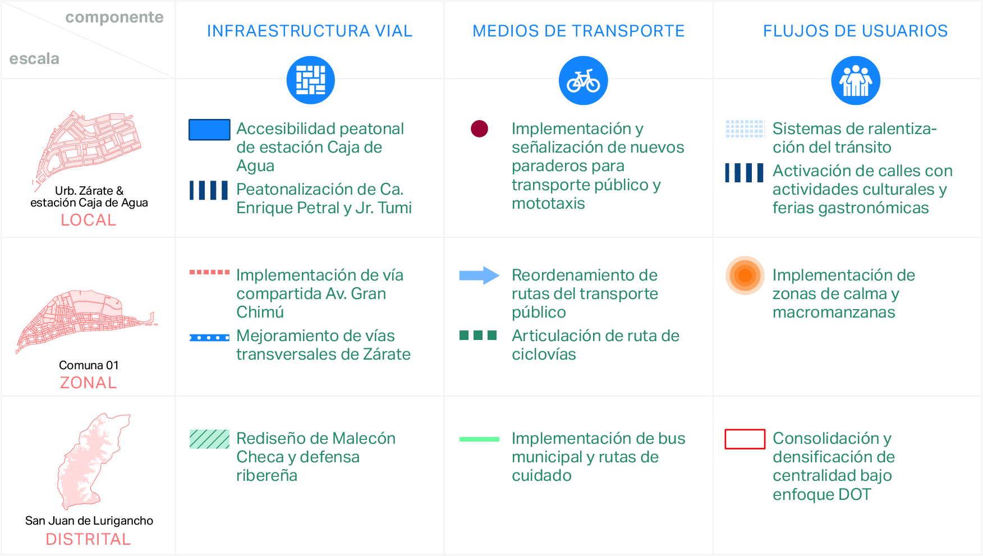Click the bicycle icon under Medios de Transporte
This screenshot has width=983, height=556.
click(x=583, y=80)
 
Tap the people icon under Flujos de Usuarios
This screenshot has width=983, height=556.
click(x=855, y=80)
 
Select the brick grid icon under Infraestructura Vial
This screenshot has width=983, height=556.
click(x=310, y=80)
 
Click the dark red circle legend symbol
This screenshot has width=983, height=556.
click(x=479, y=128)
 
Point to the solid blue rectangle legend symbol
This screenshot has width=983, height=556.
click(x=209, y=130)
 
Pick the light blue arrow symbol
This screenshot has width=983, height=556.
click(x=479, y=275)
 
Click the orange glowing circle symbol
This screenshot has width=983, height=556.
click(x=745, y=275)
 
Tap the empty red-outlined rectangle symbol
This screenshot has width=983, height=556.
click(x=745, y=439)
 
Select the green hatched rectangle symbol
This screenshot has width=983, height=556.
click(x=209, y=439)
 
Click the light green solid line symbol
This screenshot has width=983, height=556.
click(x=479, y=439)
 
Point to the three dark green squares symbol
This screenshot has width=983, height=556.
click(x=478, y=336)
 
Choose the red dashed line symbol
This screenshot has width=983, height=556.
click(x=209, y=272)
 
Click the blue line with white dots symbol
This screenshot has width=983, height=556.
click(x=209, y=338)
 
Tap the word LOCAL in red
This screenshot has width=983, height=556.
click(x=89, y=220)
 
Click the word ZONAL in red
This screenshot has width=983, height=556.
click(x=89, y=383)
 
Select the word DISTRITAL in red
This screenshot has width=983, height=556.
click(x=88, y=539)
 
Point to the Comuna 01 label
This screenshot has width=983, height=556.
click(x=89, y=365)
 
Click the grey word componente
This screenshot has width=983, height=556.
click(x=114, y=17)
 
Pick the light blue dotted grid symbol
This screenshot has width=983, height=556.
click(x=745, y=128)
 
